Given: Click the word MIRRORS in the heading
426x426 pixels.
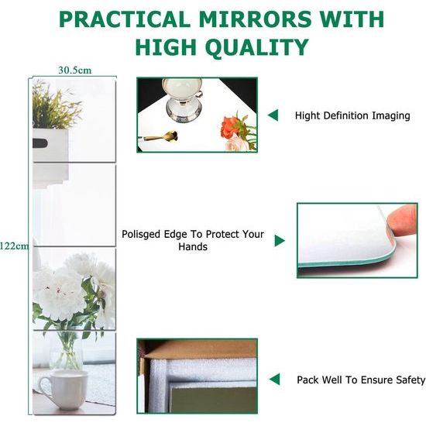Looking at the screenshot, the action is [255, 19].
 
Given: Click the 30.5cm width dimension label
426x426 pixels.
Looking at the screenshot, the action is [74, 70].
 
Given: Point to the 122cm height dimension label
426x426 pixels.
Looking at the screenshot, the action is [14, 246].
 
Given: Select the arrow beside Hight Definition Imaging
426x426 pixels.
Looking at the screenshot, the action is [273, 115].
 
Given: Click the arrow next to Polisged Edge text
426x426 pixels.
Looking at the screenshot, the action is [280, 241].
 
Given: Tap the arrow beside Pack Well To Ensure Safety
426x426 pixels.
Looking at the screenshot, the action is [275, 380].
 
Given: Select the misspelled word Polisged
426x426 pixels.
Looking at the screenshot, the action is [141, 235].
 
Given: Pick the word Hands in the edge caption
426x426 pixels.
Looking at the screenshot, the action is [193, 246].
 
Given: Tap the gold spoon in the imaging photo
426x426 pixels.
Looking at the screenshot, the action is [160, 136].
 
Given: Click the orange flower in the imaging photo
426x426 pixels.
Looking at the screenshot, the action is [229, 127].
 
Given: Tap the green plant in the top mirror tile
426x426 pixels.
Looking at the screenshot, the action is [56, 106].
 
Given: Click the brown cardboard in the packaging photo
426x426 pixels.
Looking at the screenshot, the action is [201, 349].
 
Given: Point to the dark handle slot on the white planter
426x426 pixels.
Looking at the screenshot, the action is [40, 143].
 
